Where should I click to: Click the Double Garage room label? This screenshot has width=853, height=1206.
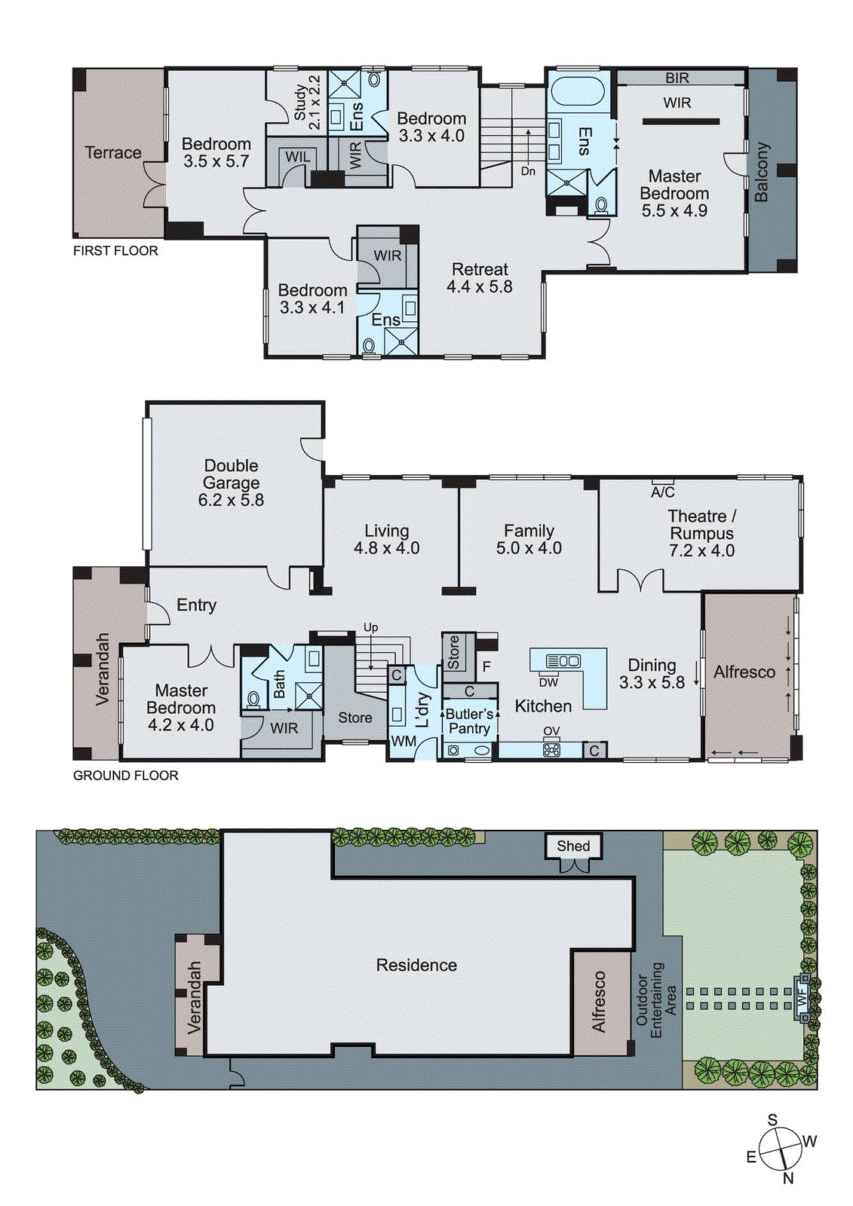[231, 482]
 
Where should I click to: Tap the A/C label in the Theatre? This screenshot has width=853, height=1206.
[662, 492]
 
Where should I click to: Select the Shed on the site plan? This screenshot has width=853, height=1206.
[573, 846]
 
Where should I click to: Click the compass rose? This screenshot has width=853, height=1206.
[780, 1149]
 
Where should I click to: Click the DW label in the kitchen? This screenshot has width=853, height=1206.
[548, 682]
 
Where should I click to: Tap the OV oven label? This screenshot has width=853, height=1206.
[551, 731]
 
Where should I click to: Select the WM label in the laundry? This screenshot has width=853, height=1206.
[403, 741]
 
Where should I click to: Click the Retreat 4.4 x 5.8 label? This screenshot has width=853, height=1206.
[480, 277]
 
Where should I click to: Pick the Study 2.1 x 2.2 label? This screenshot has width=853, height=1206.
[307, 101]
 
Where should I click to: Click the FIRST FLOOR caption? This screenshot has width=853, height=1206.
[115, 251]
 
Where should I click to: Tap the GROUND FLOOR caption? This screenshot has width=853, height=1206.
[125, 776]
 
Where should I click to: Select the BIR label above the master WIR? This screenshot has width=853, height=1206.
[677, 78]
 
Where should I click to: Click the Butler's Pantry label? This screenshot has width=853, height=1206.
[469, 721]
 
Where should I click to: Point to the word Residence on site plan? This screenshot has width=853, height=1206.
[416, 965]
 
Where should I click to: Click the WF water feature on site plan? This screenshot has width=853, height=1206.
[802, 996]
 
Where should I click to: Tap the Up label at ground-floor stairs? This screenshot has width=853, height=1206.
[370, 627]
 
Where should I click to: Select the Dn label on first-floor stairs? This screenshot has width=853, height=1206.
[528, 171]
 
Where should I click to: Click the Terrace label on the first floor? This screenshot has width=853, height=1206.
[113, 152]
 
